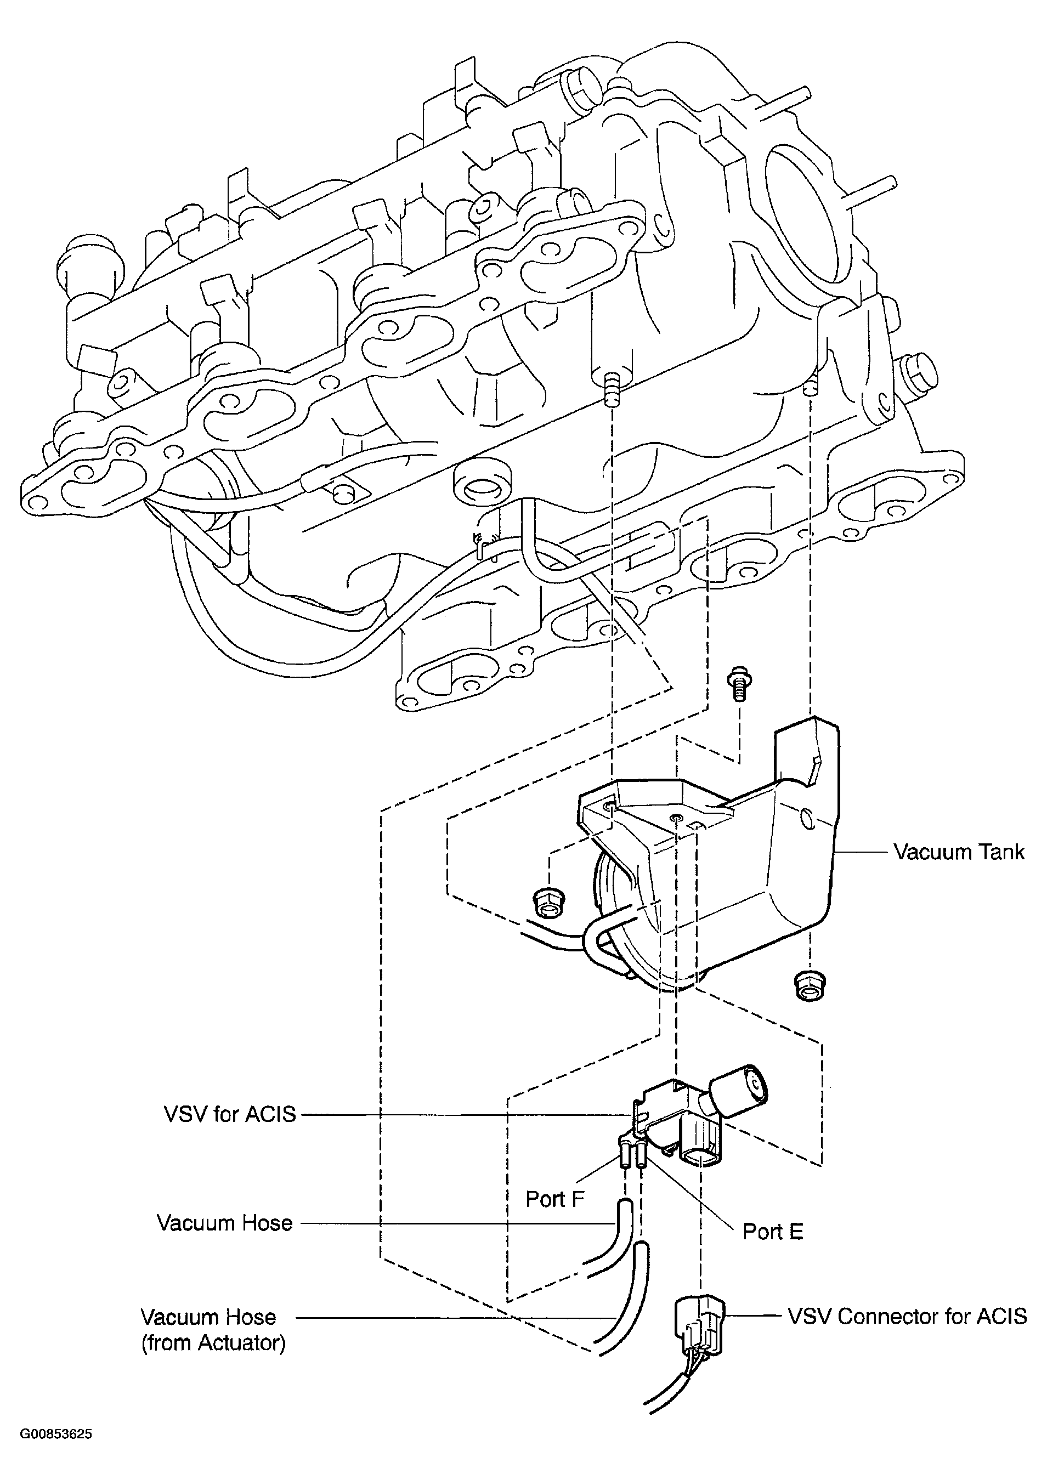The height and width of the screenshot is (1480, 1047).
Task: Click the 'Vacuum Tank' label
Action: click(x=958, y=852)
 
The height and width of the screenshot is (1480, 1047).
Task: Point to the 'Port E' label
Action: click(x=773, y=1231)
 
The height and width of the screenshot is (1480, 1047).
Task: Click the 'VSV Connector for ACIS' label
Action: click(x=907, y=1315)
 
